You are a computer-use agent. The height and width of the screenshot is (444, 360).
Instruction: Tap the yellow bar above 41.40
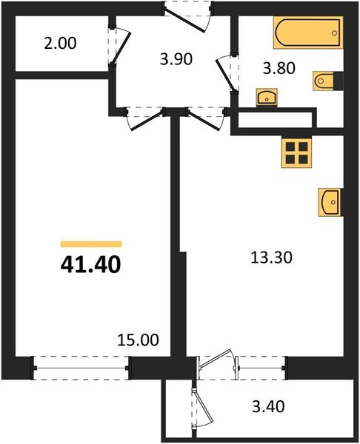click(x=90, y=243)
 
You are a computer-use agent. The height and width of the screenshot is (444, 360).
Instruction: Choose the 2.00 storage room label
click(x=59, y=44)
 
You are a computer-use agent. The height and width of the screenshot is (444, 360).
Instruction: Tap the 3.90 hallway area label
click(x=176, y=60)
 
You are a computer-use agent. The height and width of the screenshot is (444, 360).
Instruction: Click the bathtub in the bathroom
click(x=307, y=33)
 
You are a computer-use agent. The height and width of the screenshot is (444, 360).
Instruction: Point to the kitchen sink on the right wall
click(x=330, y=201)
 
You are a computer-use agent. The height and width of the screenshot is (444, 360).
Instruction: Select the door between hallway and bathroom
click(x=224, y=74)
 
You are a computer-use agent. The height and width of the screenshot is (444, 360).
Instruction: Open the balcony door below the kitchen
click(x=217, y=365)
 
